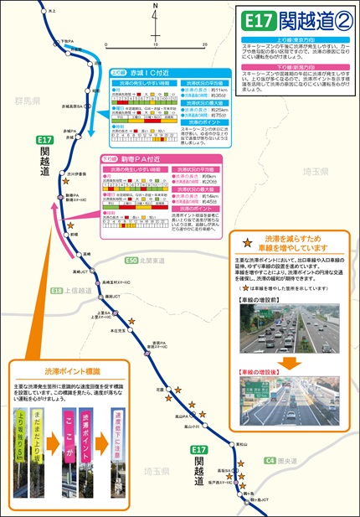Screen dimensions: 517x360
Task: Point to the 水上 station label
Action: tap(52, 11)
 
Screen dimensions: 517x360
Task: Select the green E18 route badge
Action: tap(56, 291)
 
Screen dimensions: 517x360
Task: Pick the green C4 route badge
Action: tap(270, 460)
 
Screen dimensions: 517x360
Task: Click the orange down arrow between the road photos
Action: tap(287, 363)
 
